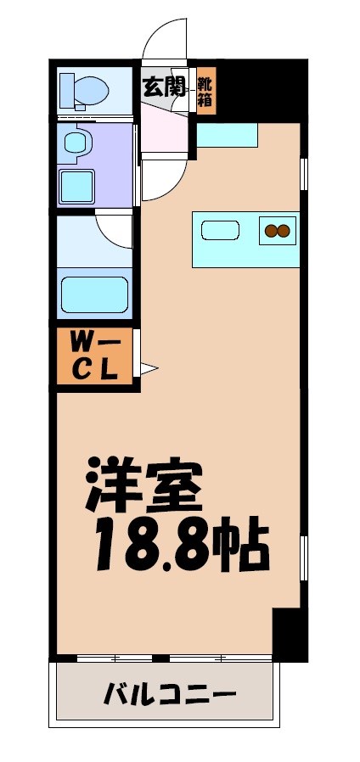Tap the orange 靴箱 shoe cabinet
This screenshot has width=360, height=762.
pyautogui.click(x=206, y=91)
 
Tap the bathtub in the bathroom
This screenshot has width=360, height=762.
pyautogui.click(x=94, y=291)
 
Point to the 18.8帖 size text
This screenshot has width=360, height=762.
pyautogui.click(x=181, y=545)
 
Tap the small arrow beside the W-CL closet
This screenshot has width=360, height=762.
pyautogui.click(x=149, y=367)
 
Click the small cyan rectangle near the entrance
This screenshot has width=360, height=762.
pyautogui.click(x=227, y=134)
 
